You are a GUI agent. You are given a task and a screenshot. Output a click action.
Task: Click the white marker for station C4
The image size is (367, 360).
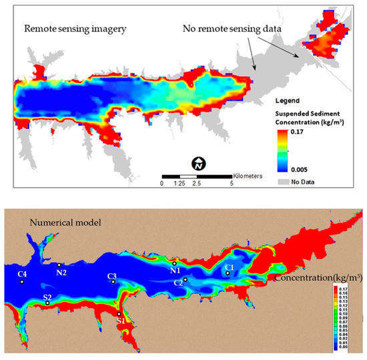click(x=22, y=282)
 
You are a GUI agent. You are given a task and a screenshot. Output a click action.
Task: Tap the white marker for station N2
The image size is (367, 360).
click(x=59, y=265)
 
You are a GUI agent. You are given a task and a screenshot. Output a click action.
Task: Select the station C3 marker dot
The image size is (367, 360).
click(x=113, y=282)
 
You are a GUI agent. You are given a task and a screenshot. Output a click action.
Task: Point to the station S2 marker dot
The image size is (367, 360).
click(x=47, y=303)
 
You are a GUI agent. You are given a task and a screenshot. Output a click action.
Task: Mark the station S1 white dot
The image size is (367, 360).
click(x=119, y=314)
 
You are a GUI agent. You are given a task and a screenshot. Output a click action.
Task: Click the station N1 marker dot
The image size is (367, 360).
click(x=175, y=263)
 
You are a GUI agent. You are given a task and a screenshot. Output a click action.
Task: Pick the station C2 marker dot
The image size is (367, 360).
click(x=186, y=279)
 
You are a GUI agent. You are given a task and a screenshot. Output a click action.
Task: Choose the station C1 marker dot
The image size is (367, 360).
click(x=228, y=273)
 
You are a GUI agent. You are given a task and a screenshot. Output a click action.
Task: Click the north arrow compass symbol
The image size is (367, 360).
click(x=198, y=163)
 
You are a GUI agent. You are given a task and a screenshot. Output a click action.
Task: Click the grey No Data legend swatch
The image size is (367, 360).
click(x=284, y=181)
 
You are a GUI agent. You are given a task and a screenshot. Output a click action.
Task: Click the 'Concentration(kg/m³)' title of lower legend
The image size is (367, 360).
click(x=317, y=277)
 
